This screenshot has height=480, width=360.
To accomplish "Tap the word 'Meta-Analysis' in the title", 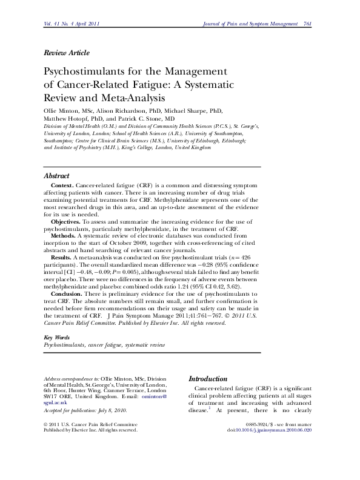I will pos(135,97).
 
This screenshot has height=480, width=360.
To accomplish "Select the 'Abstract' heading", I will pos(57,176).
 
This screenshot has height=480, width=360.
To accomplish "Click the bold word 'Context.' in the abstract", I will pos(62,185).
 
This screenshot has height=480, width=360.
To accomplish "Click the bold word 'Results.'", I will pos(62,258).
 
